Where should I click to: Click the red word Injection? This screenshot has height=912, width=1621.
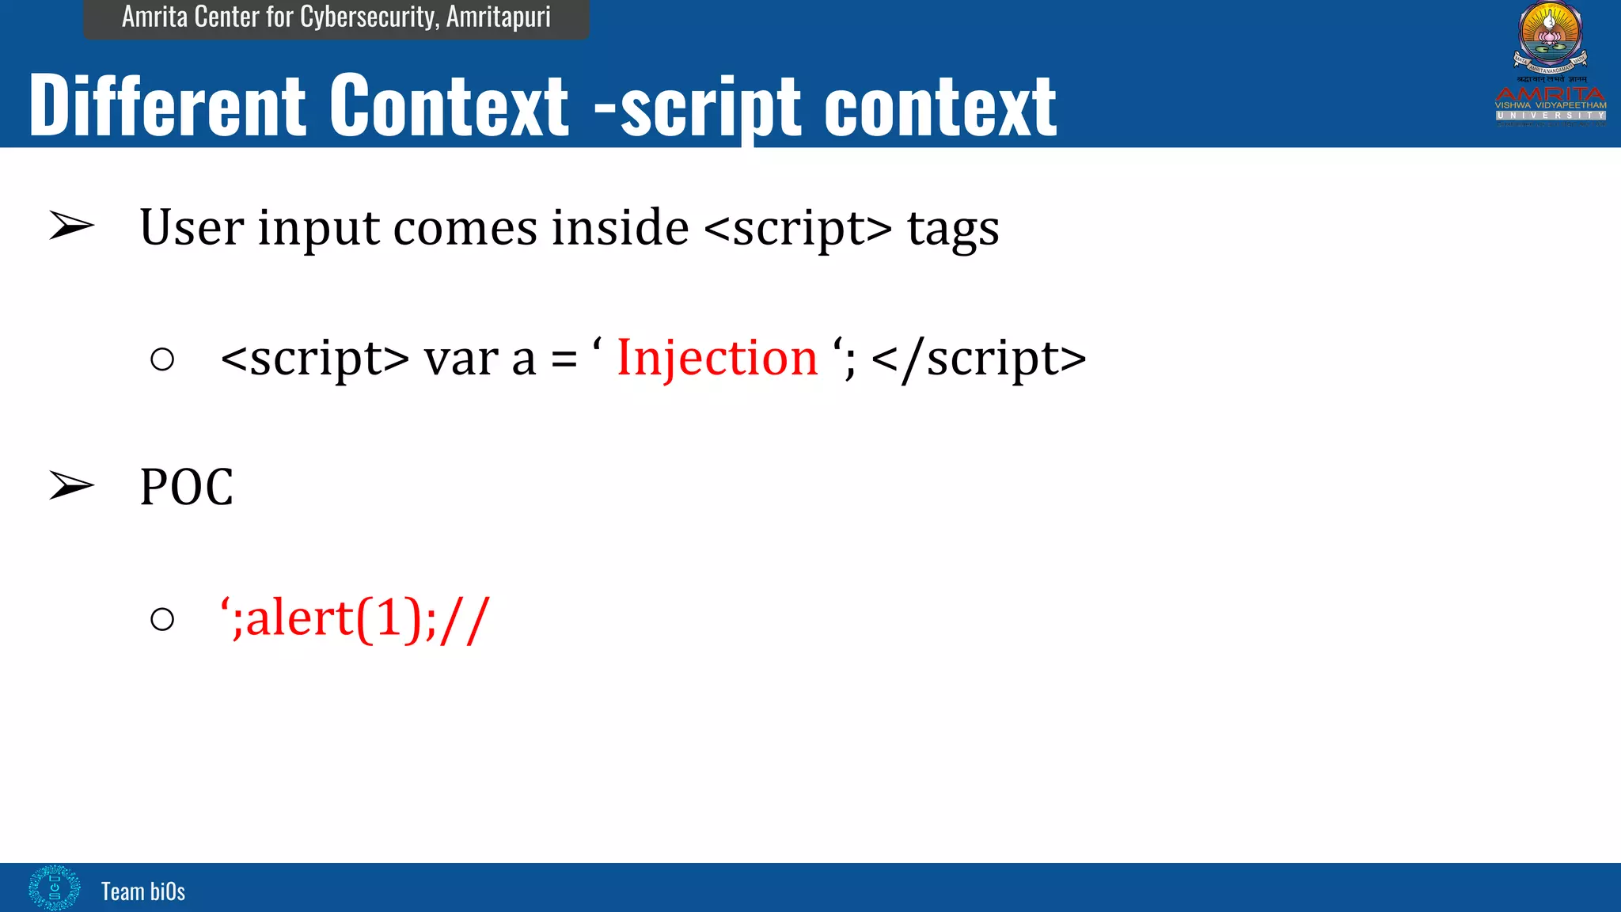tap(716, 358)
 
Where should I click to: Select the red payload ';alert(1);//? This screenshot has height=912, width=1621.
tap(355, 618)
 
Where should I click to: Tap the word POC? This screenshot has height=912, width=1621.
tap(187, 487)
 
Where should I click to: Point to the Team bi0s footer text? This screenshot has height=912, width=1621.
tap(143, 891)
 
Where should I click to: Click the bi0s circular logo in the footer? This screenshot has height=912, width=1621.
tap(54, 887)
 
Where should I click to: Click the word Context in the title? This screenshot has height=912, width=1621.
tap(449, 105)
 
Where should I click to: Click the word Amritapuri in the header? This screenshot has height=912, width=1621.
tap(498, 17)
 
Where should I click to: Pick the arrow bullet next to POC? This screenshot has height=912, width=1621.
tap(71, 485)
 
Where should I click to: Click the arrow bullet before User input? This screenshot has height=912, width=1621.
tap(71, 226)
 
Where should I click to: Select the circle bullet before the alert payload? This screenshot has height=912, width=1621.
tap(162, 619)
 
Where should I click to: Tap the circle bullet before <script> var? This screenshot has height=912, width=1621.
tap(162, 359)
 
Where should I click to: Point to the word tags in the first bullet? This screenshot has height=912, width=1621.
tap(953, 229)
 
